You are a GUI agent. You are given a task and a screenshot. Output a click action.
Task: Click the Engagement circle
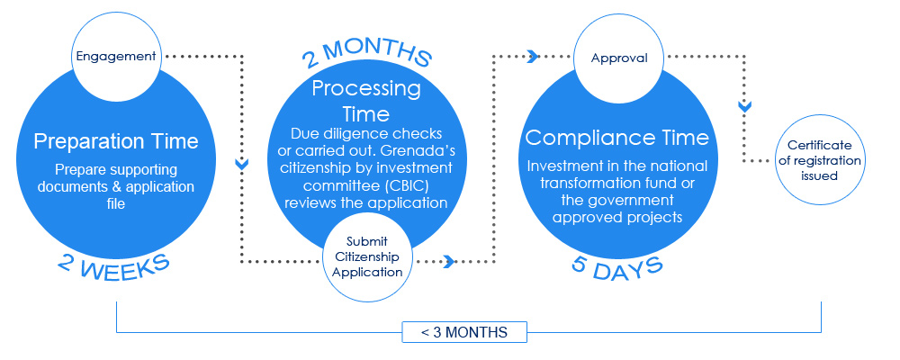[115, 57]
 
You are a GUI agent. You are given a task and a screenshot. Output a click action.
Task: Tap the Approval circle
[619, 58]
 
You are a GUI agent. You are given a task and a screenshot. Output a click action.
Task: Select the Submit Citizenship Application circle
[367, 256]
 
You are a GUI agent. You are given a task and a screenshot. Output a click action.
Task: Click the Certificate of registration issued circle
[820, 159]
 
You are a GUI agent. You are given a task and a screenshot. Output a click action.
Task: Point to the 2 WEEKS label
[113, 265]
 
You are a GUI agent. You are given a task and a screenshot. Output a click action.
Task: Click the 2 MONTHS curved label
[366, 55]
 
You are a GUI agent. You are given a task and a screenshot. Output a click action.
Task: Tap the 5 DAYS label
[617, 267]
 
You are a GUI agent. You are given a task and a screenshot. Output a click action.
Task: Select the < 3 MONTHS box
[463, 332]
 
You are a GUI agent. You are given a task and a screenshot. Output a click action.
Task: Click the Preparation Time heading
[116, 140]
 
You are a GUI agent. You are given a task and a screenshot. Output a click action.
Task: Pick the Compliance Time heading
[617, 138]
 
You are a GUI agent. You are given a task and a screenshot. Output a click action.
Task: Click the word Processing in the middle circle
[366, 89]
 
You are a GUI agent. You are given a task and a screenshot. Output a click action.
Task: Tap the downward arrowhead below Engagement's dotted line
[241, 164]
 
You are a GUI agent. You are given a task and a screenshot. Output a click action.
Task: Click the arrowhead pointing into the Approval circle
[533, 57]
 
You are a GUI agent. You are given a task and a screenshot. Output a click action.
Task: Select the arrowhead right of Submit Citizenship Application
[449, 262]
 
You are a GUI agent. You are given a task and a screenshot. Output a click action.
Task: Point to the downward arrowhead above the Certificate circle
[744, 106]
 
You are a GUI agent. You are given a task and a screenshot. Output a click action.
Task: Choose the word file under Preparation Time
[116, 203]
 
